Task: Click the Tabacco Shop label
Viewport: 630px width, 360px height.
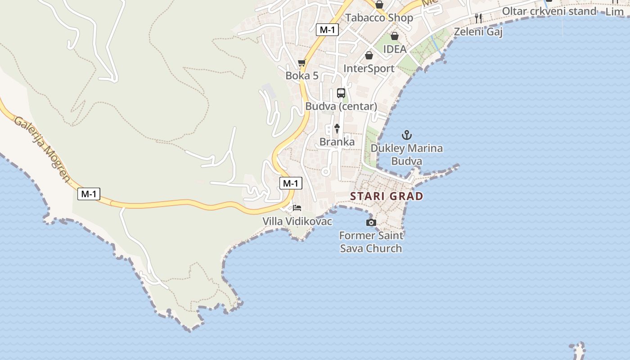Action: [379, 18]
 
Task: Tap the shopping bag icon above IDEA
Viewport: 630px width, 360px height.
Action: [395, 36]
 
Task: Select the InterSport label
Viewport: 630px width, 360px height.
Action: [369, 68]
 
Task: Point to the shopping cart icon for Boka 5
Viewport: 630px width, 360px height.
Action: [302, 63]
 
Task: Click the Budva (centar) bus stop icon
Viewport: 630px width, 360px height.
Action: [341, 93]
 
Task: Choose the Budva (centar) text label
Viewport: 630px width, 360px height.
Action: [341, 106]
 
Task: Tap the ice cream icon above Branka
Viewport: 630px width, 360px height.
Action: [337, 129]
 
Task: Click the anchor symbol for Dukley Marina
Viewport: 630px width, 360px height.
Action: [407, 135]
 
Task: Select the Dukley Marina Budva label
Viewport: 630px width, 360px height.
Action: [407, 154]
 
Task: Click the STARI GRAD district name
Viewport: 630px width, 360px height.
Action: [387, 196]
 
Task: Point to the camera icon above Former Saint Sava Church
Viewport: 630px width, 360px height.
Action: [371, 222]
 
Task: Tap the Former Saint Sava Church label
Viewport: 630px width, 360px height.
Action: [371, 242]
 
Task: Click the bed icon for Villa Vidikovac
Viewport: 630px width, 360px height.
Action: [297, 208]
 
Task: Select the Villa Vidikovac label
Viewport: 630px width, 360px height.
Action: [297, 221]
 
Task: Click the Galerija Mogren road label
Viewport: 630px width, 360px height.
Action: [42, 149]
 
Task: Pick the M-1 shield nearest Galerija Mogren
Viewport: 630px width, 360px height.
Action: [89, 194]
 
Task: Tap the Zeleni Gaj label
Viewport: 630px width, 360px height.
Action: [478, 31]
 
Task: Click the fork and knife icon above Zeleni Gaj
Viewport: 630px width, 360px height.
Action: [478, 18]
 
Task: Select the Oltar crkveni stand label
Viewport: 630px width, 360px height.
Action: [549, 11]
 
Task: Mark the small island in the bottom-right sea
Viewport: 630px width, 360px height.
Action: [578, 350]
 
